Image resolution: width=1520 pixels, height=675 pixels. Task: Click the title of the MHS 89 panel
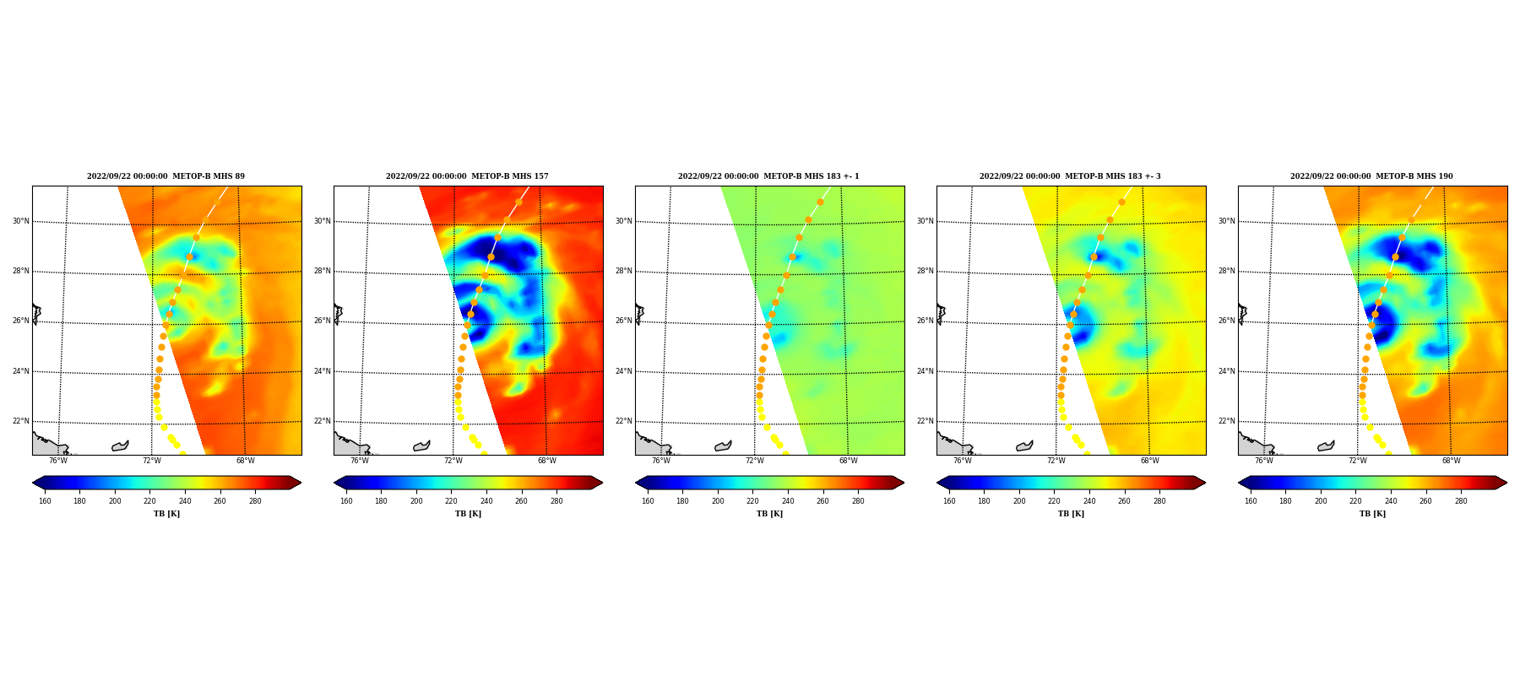[166, 176]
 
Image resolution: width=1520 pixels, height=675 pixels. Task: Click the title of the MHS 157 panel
[467, 176]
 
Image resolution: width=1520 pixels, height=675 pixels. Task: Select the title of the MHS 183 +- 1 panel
[768, 176]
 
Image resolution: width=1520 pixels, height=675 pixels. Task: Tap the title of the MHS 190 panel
[1371, 176]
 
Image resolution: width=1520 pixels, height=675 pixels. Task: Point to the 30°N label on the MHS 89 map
[20, 221]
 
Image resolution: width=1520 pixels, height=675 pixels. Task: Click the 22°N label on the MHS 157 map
[322, 421]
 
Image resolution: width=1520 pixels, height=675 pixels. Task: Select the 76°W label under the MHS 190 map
[1263, 461]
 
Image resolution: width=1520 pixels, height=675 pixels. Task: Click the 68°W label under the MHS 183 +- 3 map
[1149, 461]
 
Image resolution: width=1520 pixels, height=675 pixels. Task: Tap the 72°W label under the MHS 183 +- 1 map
[754, 461]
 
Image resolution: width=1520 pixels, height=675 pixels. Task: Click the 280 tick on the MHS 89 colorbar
[255, 501]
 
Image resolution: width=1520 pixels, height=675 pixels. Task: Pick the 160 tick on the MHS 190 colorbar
[1251, 501]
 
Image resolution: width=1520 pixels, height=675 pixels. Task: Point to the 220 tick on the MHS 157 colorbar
[451, 501]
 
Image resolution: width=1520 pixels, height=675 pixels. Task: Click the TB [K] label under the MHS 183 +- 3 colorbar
[1071, 514]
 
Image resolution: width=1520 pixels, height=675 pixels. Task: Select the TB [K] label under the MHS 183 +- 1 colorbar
[769, 514]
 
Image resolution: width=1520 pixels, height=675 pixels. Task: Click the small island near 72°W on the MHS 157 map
[421, 445]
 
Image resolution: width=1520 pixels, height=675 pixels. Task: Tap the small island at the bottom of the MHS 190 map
[1326, 445]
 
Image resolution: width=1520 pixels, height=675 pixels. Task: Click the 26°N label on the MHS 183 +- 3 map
[925, 321]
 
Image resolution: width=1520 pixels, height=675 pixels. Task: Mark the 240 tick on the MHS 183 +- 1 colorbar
[788, 501]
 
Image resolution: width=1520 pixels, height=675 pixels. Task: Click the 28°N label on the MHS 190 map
[1226, 271]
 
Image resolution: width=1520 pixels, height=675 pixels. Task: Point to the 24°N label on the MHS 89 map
[20, 371]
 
